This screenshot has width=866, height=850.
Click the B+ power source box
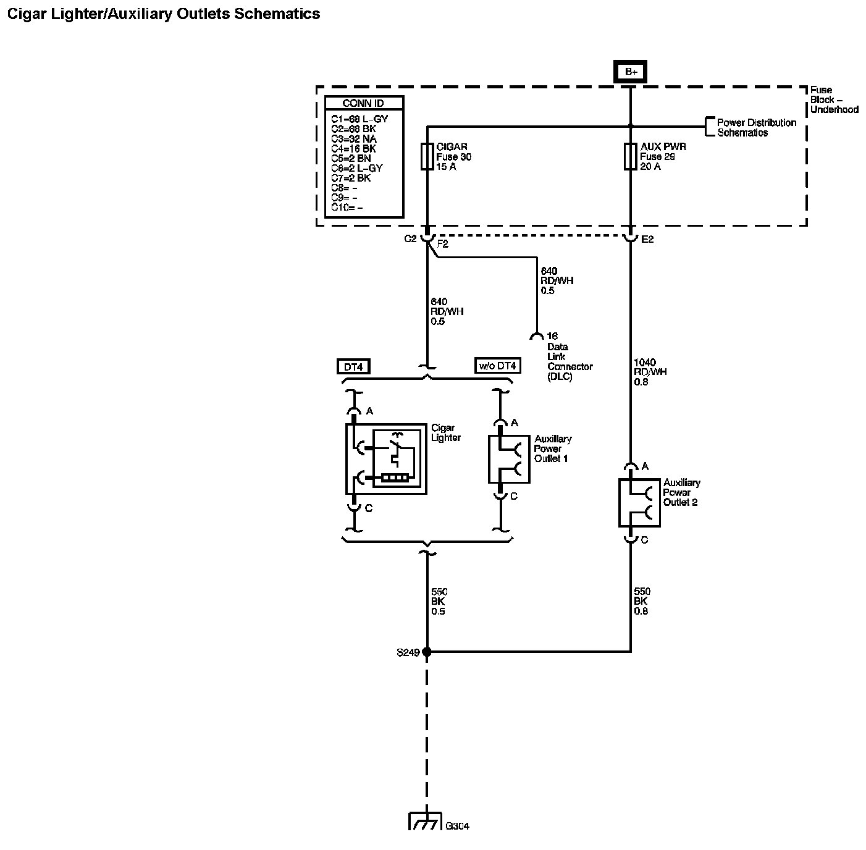click(631, 72)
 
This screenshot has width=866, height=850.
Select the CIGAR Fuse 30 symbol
click(427, 157)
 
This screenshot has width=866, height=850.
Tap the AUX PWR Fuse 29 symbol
click(631, 157)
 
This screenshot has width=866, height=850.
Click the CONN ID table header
click(363, 103)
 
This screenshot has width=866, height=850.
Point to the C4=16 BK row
click(353, 148)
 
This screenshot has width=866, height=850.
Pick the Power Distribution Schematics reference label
click(756, 127)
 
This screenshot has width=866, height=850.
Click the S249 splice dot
click(427, 651)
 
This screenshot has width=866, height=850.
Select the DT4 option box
click(353, 367)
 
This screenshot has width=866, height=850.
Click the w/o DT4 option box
click(497, 366)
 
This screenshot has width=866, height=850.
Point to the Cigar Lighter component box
click(386, 458)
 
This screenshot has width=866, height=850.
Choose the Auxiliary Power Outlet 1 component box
click(509, 459)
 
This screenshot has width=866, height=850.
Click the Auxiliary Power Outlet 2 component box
click(639, 502)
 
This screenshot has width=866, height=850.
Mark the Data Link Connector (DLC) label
click(569, 361)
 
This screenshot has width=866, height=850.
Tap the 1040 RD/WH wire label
click(650, 372)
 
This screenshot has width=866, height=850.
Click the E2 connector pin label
click(647, 239)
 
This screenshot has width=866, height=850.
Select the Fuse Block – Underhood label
click(833, 100)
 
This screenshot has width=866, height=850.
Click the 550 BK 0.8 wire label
click(642, 601)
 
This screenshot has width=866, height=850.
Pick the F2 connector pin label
click(442, 244)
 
